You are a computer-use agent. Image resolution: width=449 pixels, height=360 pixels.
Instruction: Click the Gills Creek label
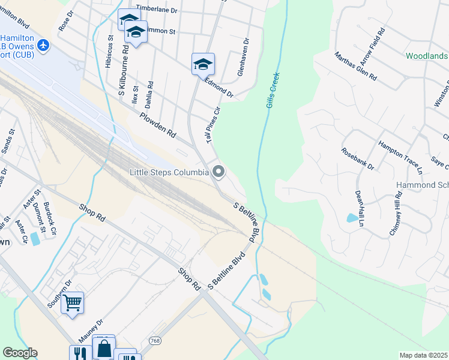(x=274, y=90)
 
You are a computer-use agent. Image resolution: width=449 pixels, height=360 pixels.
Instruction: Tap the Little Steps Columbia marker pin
(x=218, y=173)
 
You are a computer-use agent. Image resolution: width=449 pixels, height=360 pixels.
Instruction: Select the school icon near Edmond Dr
(x=203, y=64)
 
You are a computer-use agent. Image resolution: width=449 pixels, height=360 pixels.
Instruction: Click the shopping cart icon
(x=72, y=302)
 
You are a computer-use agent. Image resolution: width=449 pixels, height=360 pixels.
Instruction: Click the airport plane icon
(x=42, y=45)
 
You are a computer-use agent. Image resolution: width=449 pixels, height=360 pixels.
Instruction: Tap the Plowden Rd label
(x=157, y=124)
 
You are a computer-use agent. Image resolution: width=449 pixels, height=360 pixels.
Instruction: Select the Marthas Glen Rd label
(x=355, y=66)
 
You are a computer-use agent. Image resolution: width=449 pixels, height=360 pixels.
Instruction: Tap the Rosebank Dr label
(x=358, y=158)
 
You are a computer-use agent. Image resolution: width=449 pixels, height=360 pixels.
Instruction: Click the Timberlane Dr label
(x=157, y=10)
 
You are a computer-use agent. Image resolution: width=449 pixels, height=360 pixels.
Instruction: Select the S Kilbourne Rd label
(x=124, y=72)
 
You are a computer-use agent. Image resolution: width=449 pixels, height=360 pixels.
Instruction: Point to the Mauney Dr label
(x=90, y=330)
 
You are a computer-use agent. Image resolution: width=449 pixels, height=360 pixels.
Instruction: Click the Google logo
(x=20, y=353)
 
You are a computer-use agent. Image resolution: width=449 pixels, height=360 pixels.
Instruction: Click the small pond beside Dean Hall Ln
(x=351, y=218)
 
